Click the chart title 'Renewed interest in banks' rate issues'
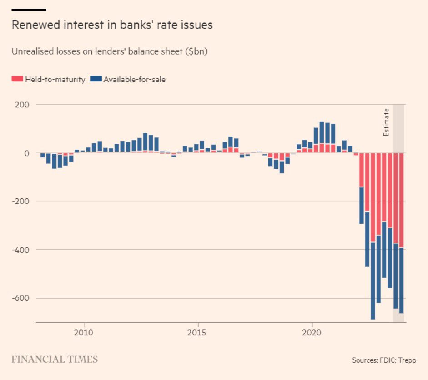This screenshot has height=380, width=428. point(112,25)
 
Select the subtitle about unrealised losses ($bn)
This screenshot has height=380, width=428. point(110,51)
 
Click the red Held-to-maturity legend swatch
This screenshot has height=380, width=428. point(17,79)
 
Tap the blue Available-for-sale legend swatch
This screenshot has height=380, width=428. point(96,79)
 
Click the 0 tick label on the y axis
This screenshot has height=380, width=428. point(26,153)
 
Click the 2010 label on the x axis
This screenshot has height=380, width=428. point(84,333)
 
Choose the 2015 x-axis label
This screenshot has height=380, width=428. point(198,333)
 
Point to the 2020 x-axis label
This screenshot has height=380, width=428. point(312,333)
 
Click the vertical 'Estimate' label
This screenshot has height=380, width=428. point(386,122)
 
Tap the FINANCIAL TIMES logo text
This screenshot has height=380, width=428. point(55,360)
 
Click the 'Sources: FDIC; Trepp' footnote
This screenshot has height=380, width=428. point(384,360)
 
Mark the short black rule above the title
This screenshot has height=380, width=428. point(29,10)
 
